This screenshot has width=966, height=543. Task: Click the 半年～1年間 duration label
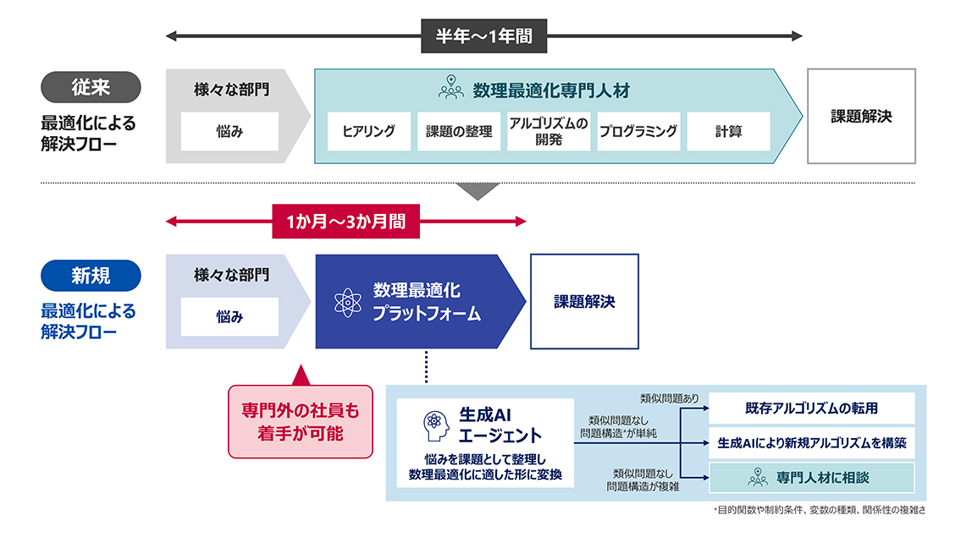[484, 36]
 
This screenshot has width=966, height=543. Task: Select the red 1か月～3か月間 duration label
[345, 222]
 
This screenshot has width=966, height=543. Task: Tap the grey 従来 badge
[91, 86]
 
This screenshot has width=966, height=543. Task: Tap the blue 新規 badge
[91, 275]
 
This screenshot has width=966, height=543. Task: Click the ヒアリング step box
[368, 131]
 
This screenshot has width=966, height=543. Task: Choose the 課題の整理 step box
[458, 131]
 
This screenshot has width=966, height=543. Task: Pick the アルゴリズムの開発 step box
[549, 131]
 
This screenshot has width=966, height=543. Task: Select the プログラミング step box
[638, 131]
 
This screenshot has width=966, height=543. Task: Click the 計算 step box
[728, 131]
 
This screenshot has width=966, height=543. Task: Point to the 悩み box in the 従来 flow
[230, 131]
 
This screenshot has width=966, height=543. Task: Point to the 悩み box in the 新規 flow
[230, 317]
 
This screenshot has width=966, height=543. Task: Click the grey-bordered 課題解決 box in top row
[861, 116]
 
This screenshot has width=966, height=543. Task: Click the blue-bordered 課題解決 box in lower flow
[584, 301]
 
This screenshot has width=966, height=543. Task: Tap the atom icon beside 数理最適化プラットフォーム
[347, 302]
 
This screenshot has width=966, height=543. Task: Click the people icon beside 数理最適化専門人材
[450, 88]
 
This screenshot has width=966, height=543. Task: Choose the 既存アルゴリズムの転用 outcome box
[811, 408]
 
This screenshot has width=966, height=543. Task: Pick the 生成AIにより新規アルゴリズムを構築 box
[811, 442]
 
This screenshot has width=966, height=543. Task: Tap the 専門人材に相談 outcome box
[811, 478]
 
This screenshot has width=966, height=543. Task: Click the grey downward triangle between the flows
[477, 191]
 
